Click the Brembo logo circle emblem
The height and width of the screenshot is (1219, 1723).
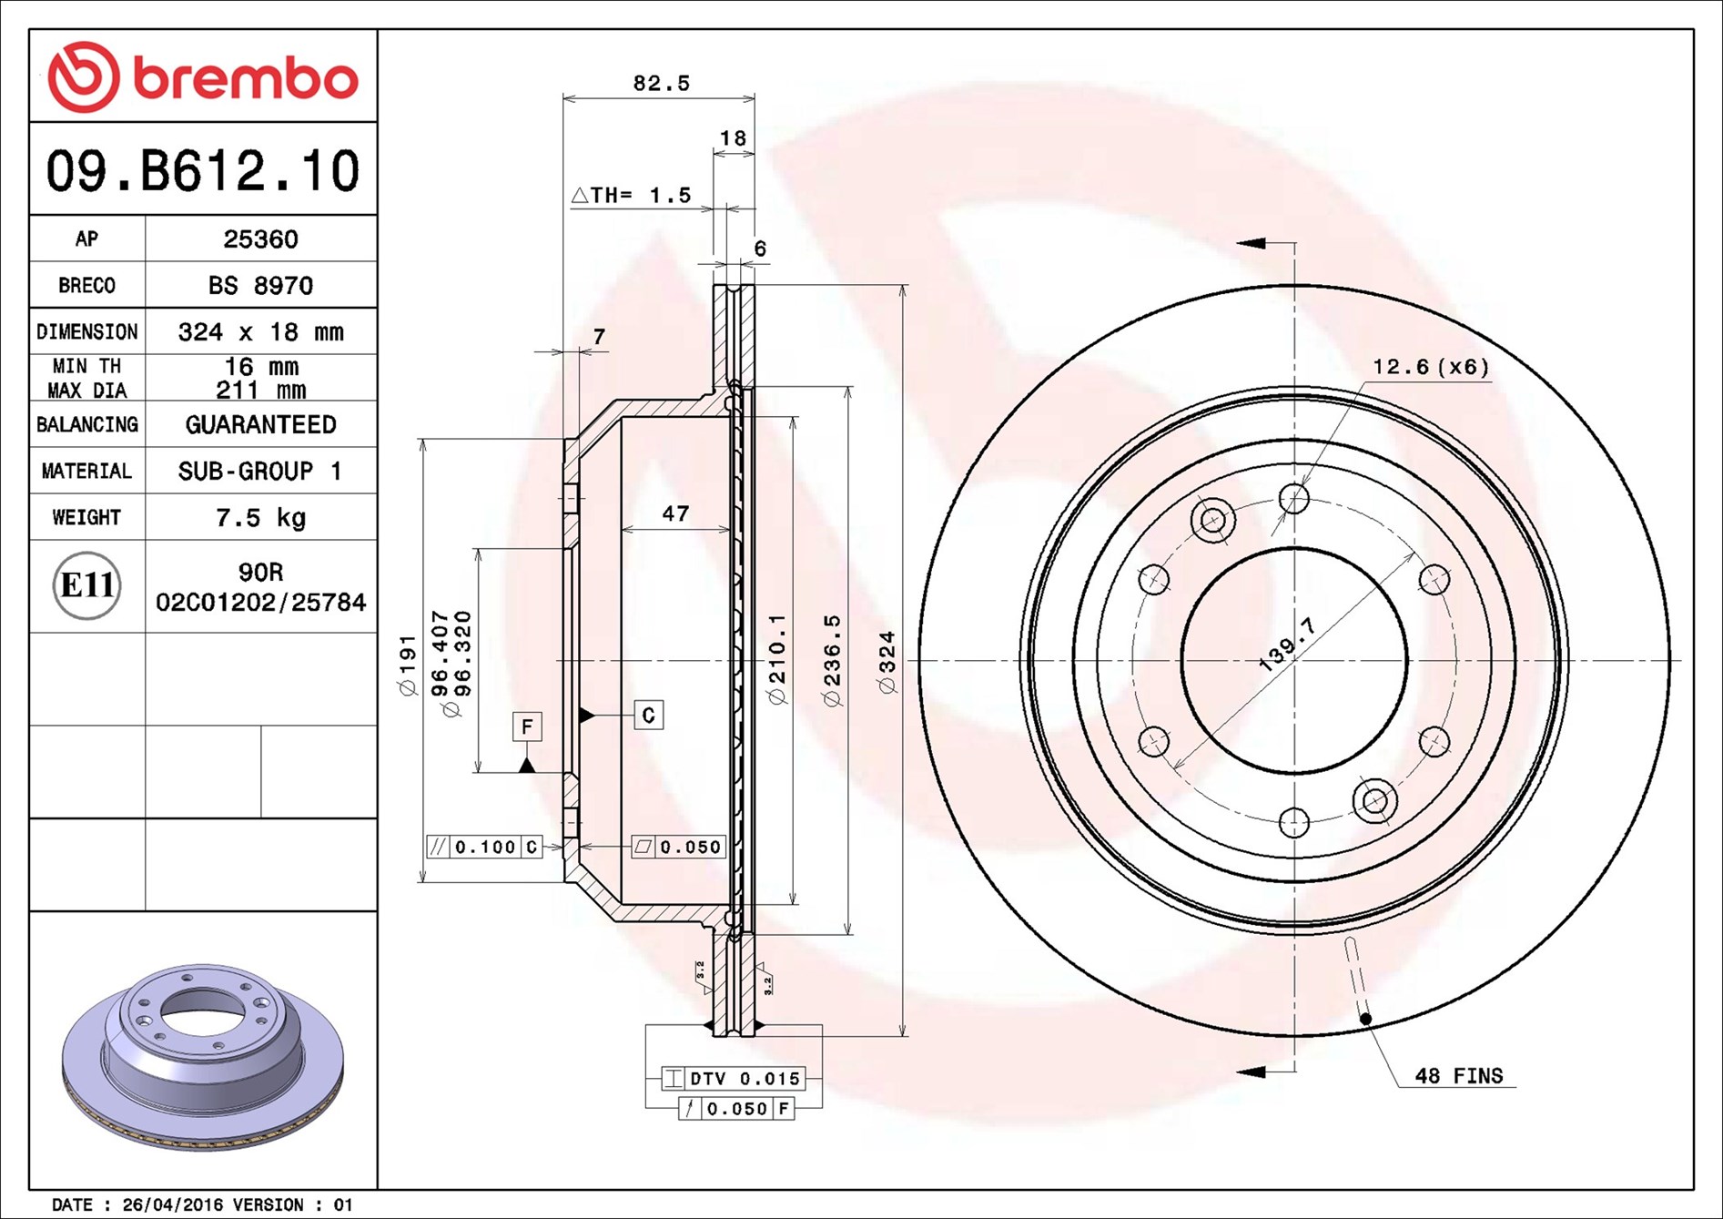point(84,76)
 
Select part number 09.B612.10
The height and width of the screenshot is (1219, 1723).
point(203,171)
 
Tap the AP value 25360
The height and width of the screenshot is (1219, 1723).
point(260,239)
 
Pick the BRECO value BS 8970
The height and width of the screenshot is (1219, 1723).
point(260,286)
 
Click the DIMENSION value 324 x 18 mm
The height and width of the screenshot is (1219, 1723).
point(260,332)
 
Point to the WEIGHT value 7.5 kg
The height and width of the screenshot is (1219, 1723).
point(260,518)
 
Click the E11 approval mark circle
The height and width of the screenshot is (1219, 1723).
point(86,585)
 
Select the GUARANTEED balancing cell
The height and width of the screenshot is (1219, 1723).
point(260,425)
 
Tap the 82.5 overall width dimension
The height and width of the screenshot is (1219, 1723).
point(662,83)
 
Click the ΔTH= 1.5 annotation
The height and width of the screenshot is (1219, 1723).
point(631,195)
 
